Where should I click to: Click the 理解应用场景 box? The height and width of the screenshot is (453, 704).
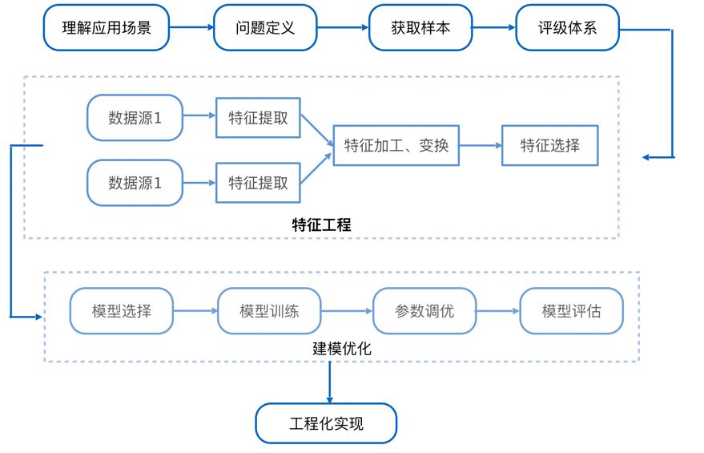pyautogui.click(x=107, y=28)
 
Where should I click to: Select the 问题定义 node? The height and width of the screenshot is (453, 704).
pyautogui.click(x=265, y=28)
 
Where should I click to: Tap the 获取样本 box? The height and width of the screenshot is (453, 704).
pyautogui.click(x=420, y=28)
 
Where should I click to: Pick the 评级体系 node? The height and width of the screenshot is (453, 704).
pyautogui.click(x=568, y=28)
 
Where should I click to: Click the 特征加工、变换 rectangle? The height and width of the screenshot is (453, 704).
pyautogui.click(x=396, y=146)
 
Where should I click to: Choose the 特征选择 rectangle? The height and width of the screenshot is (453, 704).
pyautogui.click(x=550, y=146)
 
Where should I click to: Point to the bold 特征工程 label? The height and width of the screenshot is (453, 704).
pyautogui.click(x=321, y=224)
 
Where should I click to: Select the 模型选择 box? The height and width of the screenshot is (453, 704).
pyautogui.click(x=122, y=311)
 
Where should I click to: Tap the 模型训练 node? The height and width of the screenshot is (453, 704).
pyautogui.click(x=269, y=311)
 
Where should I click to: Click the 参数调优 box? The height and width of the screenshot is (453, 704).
pyautogui.click(x=424, y=311)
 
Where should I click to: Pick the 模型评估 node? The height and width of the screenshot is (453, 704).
pyautogui.click(x=572, y=311)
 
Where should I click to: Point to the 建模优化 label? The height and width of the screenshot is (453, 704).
pyautogui.click(x=342, y=348)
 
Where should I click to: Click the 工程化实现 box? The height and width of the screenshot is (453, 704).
pyautogui.click(x=327, y=423)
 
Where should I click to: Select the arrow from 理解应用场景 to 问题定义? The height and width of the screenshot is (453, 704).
pyautogui.click(x=191, y=27)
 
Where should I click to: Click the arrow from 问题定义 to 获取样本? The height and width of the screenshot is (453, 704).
pyautogui.click(x=343, y=27)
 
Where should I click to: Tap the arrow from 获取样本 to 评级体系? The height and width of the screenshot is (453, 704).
pyautogui.click(x=494, y=27)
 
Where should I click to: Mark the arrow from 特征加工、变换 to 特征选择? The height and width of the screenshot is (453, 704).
pyautogui.click(x=481, y=146)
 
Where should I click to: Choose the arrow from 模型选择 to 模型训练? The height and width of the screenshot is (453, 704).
pyautogui.click(x=195, y=311)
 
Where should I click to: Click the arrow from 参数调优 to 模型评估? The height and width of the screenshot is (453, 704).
pyautogui.click(x=498, y=311)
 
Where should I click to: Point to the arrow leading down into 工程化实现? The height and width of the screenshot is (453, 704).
pyautogui.click(x=329, y=382)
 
